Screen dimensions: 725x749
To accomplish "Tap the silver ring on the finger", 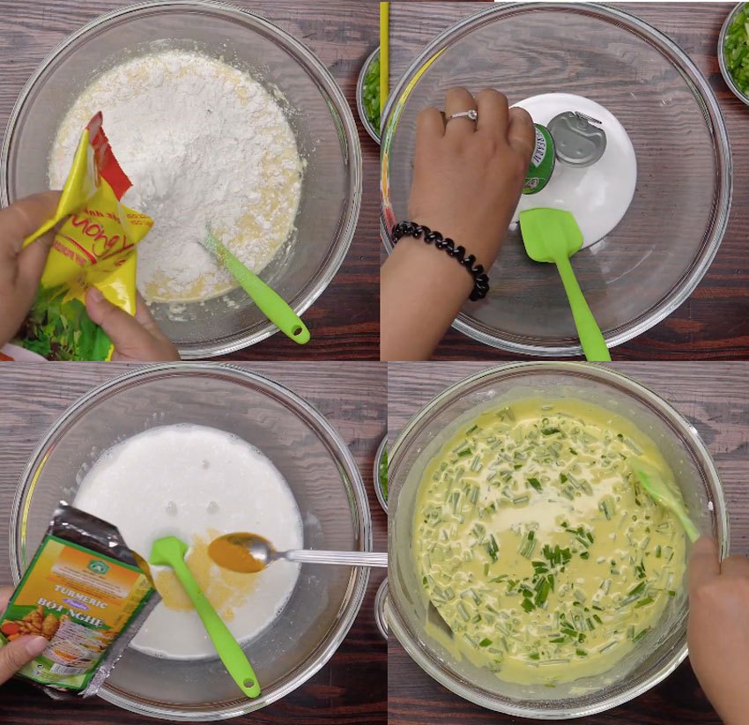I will (462, 115).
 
